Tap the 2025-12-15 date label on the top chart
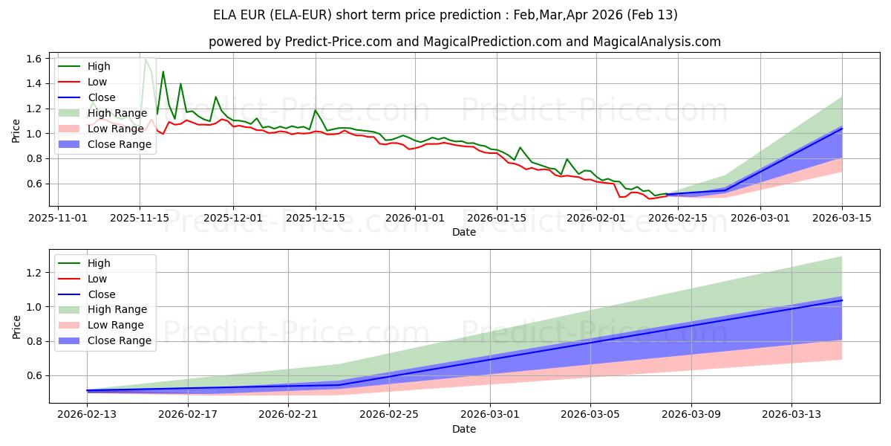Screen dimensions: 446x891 [x=316, y=218]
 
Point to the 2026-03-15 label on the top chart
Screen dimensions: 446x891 [x=842, y=218]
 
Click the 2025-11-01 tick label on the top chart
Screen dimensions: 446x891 [x=59, y=218]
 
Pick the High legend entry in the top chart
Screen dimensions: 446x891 [x=99, y=66]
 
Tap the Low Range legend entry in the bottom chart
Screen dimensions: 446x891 [x=116, y=325]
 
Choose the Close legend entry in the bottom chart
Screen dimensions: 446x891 [x=102, y=294]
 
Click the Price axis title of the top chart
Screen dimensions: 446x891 [x=16, y=131]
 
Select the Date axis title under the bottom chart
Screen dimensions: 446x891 [x=464, y=429]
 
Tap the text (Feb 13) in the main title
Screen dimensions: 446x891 [x=652, y=15]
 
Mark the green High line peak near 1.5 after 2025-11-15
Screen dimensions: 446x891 [x=163, y=71]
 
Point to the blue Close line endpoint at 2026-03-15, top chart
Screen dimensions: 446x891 [x=842, y=128]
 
